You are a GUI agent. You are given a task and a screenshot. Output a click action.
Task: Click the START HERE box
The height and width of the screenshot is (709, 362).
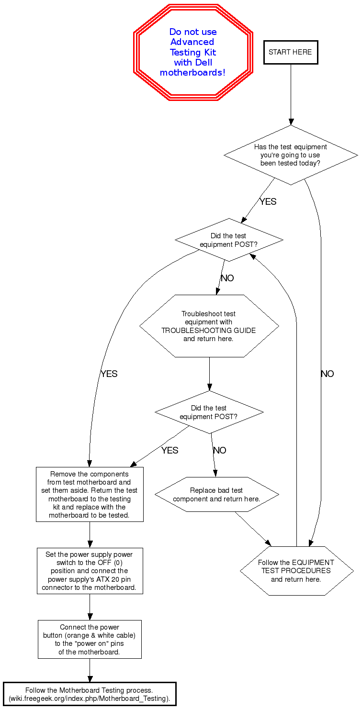click(x=290, y=52)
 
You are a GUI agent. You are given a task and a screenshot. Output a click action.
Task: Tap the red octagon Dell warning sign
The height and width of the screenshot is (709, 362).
click(x=193, y=52)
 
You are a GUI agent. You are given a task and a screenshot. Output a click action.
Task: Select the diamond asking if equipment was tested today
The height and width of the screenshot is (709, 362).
click(x=290, y=155)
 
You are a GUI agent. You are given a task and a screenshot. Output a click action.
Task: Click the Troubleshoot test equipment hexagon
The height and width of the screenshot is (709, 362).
click(x=209, y=326)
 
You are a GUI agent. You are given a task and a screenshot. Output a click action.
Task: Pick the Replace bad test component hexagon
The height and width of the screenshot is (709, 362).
click(x=216, y=495)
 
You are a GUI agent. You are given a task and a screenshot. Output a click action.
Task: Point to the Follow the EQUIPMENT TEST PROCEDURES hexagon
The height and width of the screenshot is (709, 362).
click(x=296, y=571)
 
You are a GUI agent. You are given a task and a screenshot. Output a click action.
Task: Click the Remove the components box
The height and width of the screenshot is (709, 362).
click(x=90, y=495)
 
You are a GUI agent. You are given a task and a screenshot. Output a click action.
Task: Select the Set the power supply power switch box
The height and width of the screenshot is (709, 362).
click(x=90, y=571)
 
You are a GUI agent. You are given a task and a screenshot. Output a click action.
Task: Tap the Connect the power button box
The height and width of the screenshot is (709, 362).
click(x=90, y=639)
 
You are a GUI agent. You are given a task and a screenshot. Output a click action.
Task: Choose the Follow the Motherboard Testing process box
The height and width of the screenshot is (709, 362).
click(x=90, y=694)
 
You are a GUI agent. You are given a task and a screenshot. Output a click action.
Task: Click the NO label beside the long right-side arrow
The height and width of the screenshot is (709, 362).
click(x=328, y=374)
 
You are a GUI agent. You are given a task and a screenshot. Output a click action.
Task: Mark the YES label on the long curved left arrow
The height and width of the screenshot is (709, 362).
click(x=109, y=374)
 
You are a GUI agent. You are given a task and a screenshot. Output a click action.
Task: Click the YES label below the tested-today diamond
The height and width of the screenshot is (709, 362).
click(x=268, y=202)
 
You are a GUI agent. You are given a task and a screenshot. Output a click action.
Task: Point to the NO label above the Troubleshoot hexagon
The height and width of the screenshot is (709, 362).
click(x=227, y=278)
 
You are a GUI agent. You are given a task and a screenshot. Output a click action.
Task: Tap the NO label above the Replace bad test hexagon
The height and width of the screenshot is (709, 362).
click(x=220, y=451)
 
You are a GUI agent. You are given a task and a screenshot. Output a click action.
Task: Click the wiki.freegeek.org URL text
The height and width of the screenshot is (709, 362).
click(x=90, y=698)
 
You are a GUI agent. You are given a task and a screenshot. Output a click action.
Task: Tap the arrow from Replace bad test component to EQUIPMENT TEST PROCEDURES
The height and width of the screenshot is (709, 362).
click(x=252, y=529)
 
